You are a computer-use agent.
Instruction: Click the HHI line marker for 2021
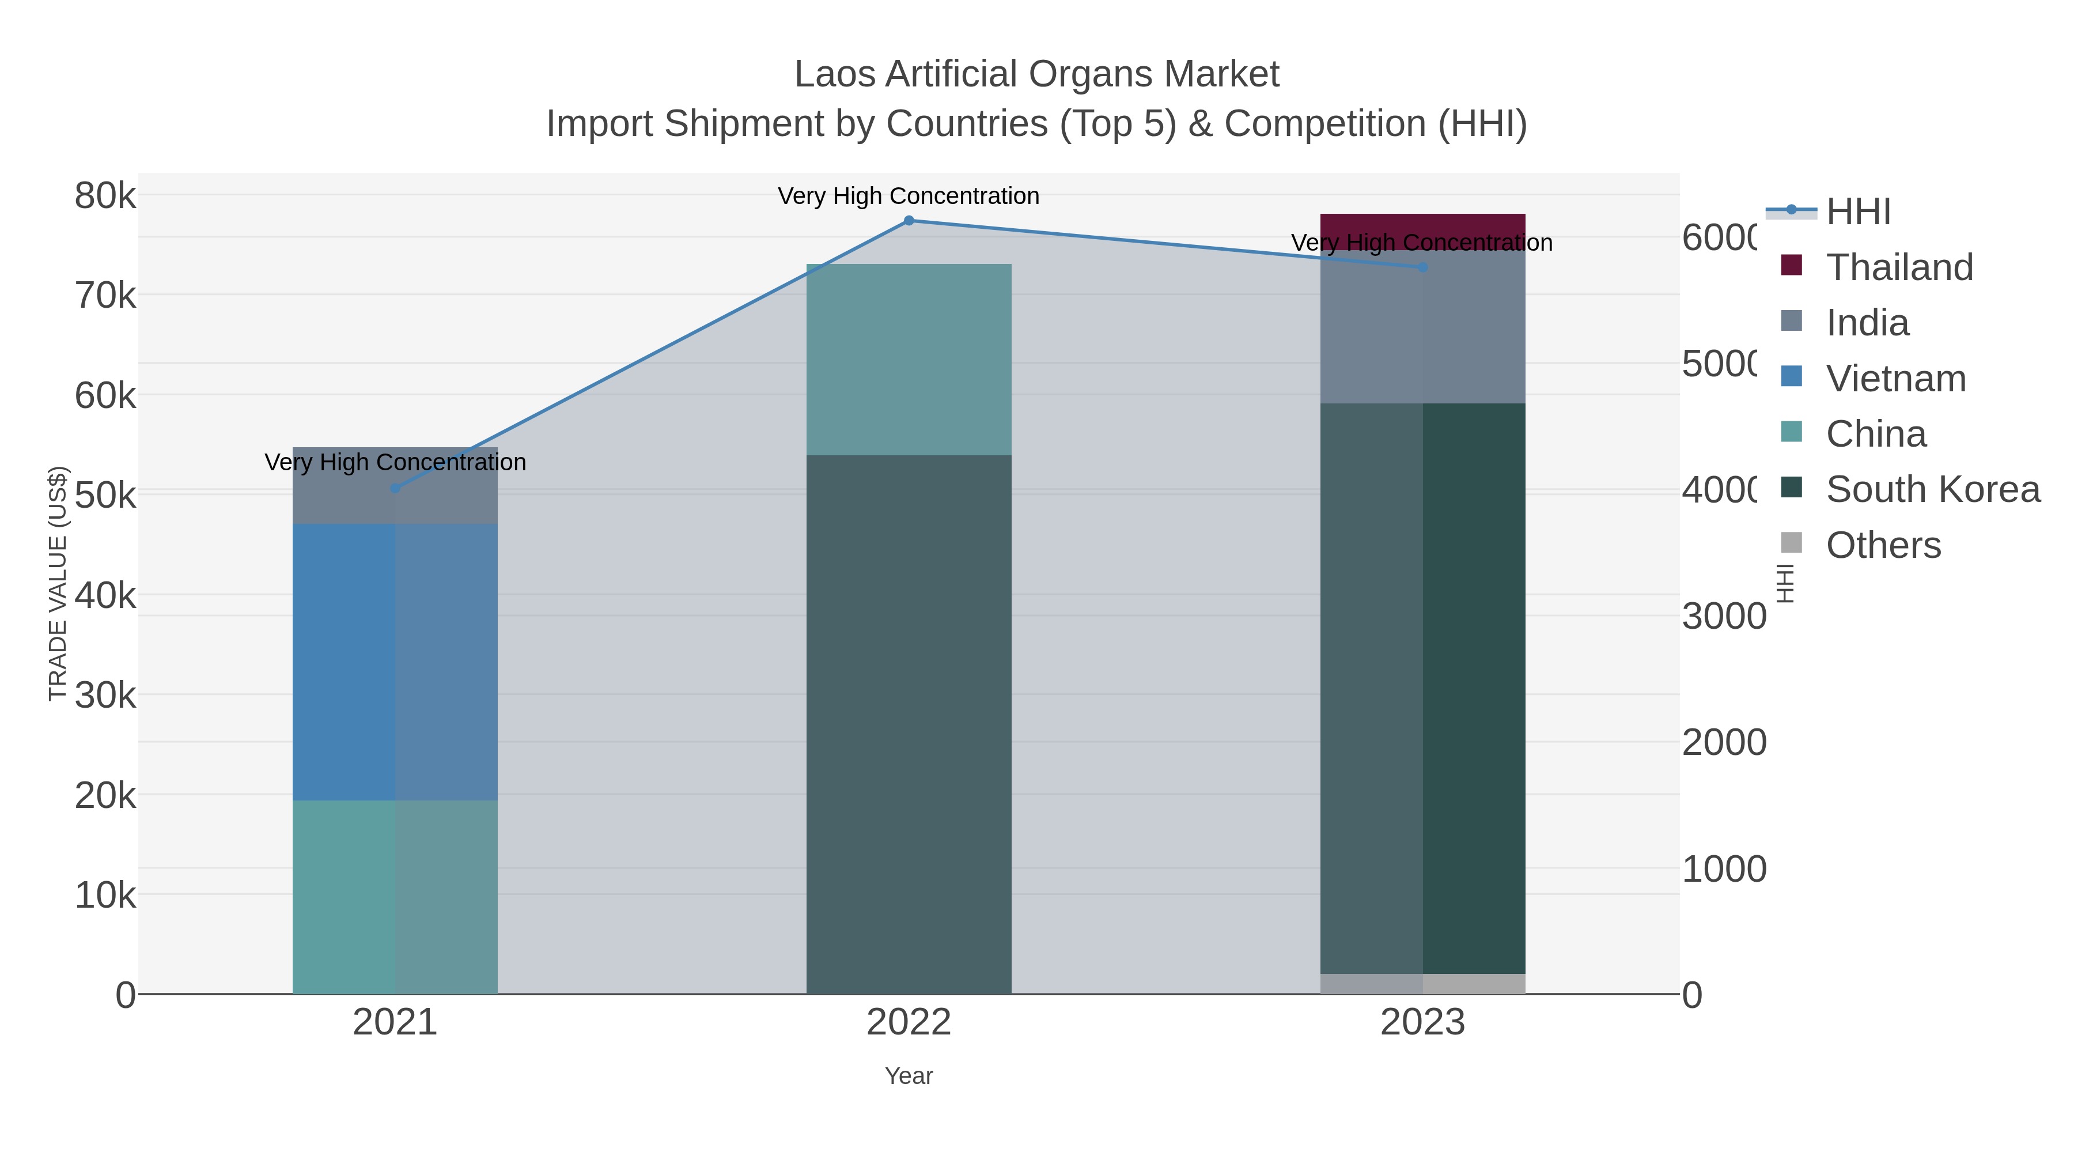click(395, 488)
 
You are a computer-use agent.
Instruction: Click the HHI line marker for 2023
click(1422, 267)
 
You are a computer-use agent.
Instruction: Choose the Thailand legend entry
click(1898, 267)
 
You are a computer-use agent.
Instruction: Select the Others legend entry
click(1882, 545)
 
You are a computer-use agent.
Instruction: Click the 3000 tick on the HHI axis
click(1723, 616)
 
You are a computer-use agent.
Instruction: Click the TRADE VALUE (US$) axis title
click(58, 583)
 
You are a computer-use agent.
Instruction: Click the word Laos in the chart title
click(834, 74)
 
